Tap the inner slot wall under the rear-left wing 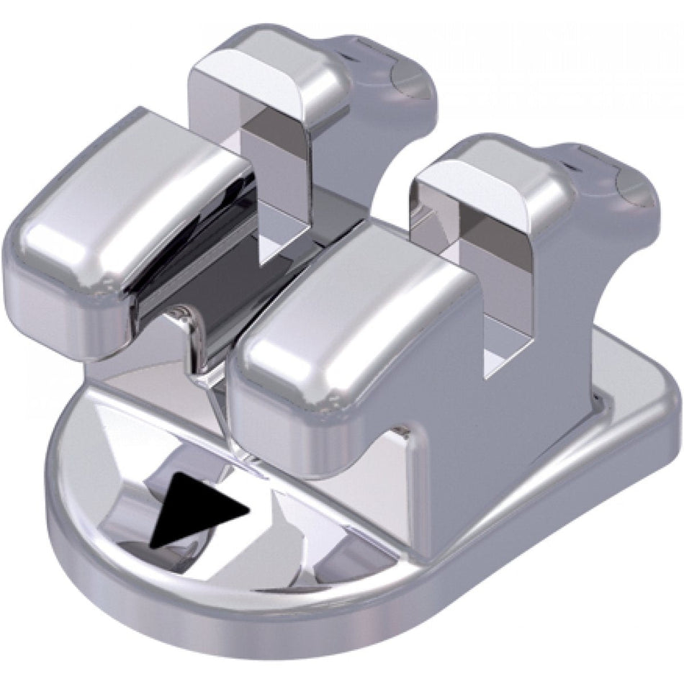[270, 187]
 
